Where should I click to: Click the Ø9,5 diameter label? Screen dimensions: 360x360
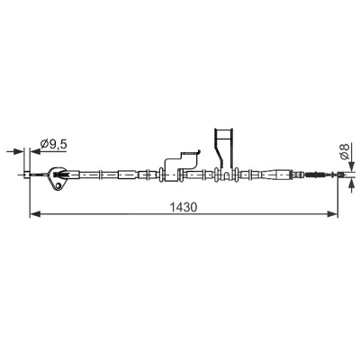[54, 144]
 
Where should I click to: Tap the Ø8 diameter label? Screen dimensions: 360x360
[345, 152]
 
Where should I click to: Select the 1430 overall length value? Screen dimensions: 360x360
[184, 207]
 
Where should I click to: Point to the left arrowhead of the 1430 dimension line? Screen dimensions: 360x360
[35, 214]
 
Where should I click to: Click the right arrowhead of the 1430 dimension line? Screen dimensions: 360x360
[332, 214]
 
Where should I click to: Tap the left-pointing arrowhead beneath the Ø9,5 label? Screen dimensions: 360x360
[35, 151]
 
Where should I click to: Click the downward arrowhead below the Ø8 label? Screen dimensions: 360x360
[351, 166]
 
